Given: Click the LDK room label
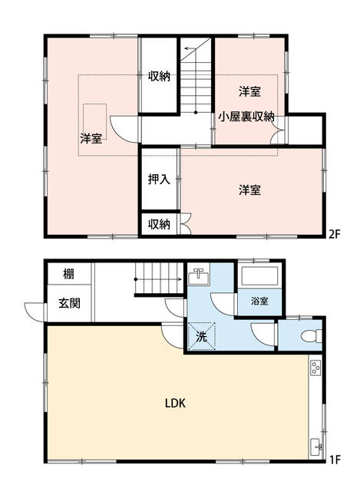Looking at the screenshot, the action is tap(175, 403).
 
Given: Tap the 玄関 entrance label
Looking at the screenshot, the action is tap(70, 303).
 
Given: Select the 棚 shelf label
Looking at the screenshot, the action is tap(68, 274).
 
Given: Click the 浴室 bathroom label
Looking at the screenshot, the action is tap(259, 302).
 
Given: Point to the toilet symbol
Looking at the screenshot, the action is tap(312, 336).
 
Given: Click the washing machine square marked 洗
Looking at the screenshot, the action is tap(201, 336).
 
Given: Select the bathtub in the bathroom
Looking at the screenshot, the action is tap(259, 275).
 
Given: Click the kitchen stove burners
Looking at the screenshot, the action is tap(315, 367).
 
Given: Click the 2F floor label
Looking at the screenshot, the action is tap(334, 233).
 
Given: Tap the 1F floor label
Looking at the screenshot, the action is tap(334, 460).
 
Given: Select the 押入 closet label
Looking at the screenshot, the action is tap(159, 179).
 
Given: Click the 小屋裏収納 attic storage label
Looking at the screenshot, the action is tap(246, 117).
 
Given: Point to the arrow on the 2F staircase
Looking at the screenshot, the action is tap(190, 48).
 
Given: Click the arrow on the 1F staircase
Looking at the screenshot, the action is tap(158, 278).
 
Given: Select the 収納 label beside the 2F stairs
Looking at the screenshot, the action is tap(159, 76).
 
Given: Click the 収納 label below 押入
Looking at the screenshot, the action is tap(159, 224).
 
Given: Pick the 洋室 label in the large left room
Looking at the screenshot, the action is tap(91, 138).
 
